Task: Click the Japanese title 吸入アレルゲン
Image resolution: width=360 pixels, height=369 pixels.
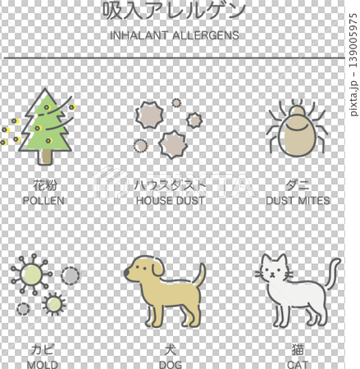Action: (x=174, y=11)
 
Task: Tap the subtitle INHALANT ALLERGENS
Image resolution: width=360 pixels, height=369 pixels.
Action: (x=174, y=35)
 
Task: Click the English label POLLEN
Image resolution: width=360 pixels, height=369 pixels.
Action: (x=44, y=201)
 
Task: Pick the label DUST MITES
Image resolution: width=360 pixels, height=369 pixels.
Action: (x=298, y=201)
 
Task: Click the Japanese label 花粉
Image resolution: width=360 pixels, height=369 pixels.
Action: (x=44, y=185)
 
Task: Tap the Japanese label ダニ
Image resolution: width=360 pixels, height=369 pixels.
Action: (x=298, y=185)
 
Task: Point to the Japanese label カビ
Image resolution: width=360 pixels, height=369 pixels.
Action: (x=43, y=348)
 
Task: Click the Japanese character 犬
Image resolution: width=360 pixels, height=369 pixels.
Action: (x=171, y=348)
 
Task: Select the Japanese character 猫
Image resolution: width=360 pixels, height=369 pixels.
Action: (x=298, y=348)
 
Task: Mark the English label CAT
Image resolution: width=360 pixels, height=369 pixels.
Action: (x=298, y=363)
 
